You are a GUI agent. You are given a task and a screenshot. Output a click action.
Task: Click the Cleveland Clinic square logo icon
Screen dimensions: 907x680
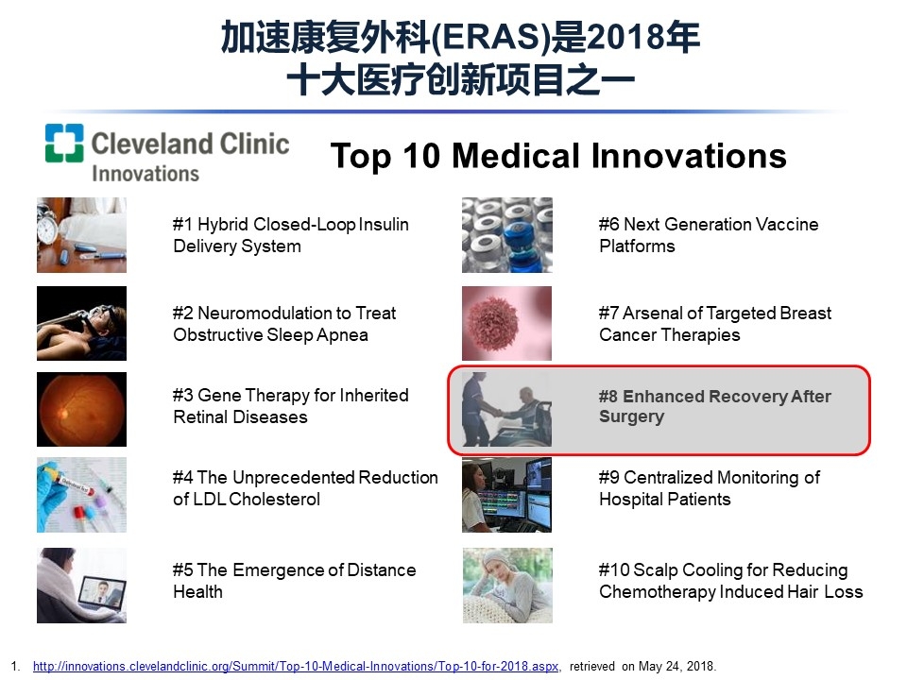(64, 143)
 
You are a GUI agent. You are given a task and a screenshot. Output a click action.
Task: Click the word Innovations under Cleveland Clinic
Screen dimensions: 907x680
(145, 174)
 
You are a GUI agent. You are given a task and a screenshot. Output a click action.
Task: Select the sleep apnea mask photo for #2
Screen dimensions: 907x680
(81, 323)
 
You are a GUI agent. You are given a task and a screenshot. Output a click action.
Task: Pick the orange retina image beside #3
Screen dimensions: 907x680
(81, 409)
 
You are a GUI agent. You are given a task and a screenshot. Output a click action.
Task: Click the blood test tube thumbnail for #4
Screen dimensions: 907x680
(81, 495)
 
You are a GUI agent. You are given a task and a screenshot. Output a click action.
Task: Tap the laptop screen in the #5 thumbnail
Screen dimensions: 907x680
(102, 592)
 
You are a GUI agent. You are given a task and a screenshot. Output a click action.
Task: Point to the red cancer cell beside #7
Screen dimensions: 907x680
(493, 323)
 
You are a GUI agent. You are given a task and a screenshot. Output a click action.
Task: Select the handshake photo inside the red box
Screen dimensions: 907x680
(506, 409)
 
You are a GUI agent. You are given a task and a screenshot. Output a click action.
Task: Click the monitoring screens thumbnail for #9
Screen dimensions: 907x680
(506, 495)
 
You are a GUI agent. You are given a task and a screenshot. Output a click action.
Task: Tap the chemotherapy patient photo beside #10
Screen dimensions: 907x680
(507, 586)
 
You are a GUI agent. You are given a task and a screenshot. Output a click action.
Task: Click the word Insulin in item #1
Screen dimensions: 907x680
(384, 225)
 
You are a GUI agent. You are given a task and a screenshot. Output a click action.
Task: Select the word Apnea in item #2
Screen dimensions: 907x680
(342, 335)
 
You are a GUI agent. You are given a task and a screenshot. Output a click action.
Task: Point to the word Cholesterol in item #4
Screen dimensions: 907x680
(274, 499)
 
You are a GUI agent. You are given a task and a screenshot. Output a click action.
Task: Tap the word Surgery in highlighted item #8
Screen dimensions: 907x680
(632, 416)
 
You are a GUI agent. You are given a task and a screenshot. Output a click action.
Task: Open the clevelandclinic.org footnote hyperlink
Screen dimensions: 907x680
(296, 666)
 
